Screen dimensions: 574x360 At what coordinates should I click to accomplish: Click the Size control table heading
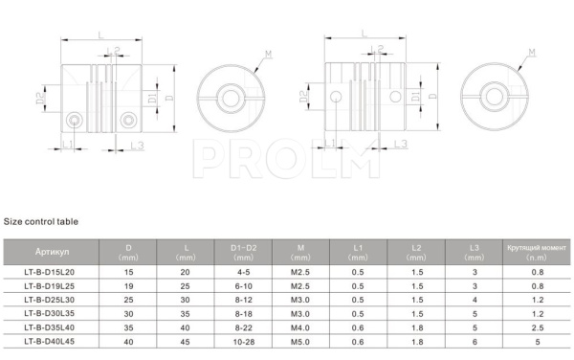pos(40,221)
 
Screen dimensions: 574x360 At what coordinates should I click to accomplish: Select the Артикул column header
pos(52,252)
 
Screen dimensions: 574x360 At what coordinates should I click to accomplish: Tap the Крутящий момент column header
pos(537,248)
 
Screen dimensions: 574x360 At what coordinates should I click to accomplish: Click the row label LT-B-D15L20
pos(50,272)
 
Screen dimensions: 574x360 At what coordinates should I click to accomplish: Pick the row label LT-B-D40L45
pos(50,341)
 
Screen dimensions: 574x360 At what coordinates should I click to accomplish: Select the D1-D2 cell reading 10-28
pos(243,342)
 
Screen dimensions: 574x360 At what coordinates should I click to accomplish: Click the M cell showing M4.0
pos(300,327)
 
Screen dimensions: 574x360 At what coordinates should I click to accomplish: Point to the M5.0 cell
pos(300,342)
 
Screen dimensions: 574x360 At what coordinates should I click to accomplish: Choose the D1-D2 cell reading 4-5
pos(243,272)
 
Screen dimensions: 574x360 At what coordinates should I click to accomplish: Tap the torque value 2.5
pos(538,327)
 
